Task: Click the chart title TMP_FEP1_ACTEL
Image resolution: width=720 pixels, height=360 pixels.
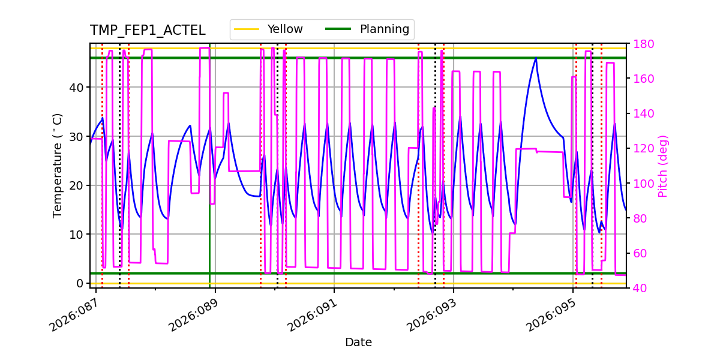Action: (148, 31)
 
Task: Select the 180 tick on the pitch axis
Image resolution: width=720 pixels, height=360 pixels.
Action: (643, 44)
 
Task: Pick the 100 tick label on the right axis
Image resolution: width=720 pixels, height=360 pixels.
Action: (643, 184)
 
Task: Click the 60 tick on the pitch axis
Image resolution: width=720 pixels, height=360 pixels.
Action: (640, 253)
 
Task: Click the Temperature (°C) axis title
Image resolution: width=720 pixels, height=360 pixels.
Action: (58, 165)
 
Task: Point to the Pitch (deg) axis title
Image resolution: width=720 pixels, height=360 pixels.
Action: (663, 166)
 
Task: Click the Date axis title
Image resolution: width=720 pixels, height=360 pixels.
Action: (358, 343)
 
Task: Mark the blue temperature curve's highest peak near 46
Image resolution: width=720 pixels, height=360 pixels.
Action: (536, 58)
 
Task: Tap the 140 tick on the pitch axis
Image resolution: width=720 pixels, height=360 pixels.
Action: (643, 114)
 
